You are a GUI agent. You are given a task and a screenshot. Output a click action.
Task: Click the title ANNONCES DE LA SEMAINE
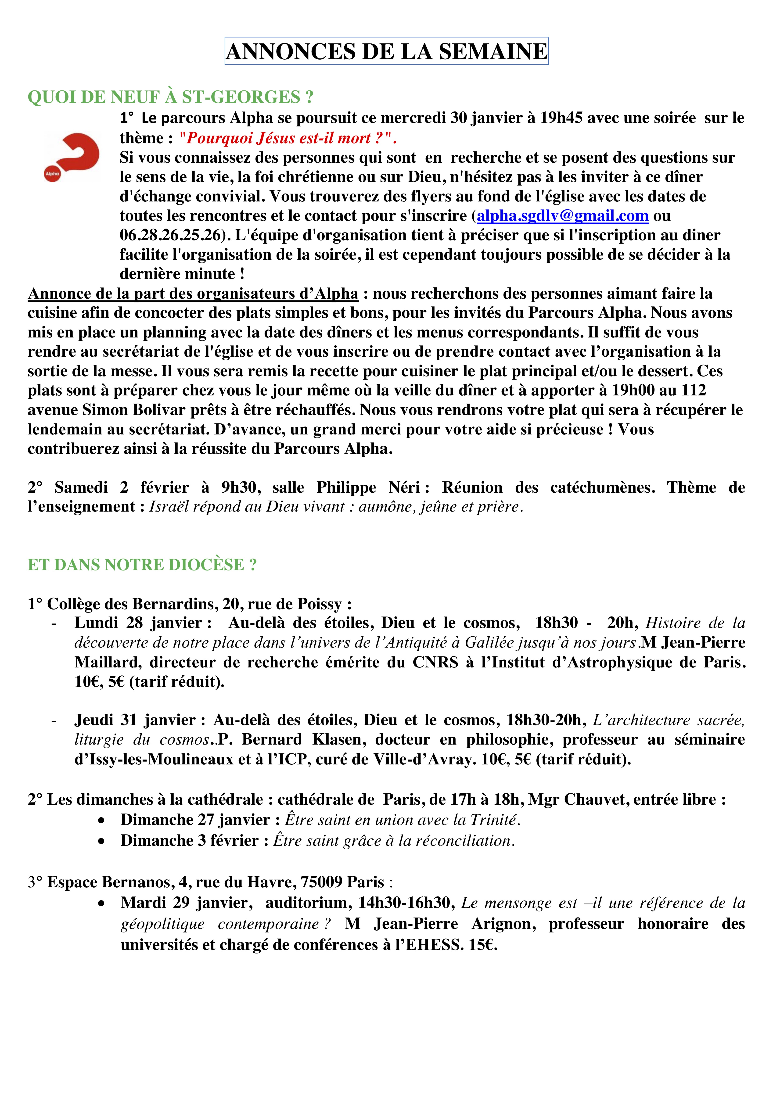[386, 51]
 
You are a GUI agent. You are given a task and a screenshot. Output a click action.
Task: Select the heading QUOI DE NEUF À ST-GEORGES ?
[170, 97]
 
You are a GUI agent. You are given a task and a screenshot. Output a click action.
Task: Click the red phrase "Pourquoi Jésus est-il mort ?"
[288, 138]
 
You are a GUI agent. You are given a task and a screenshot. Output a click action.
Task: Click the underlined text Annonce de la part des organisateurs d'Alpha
[193, 294]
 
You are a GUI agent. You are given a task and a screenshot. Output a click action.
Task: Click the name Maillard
[107, 662]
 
